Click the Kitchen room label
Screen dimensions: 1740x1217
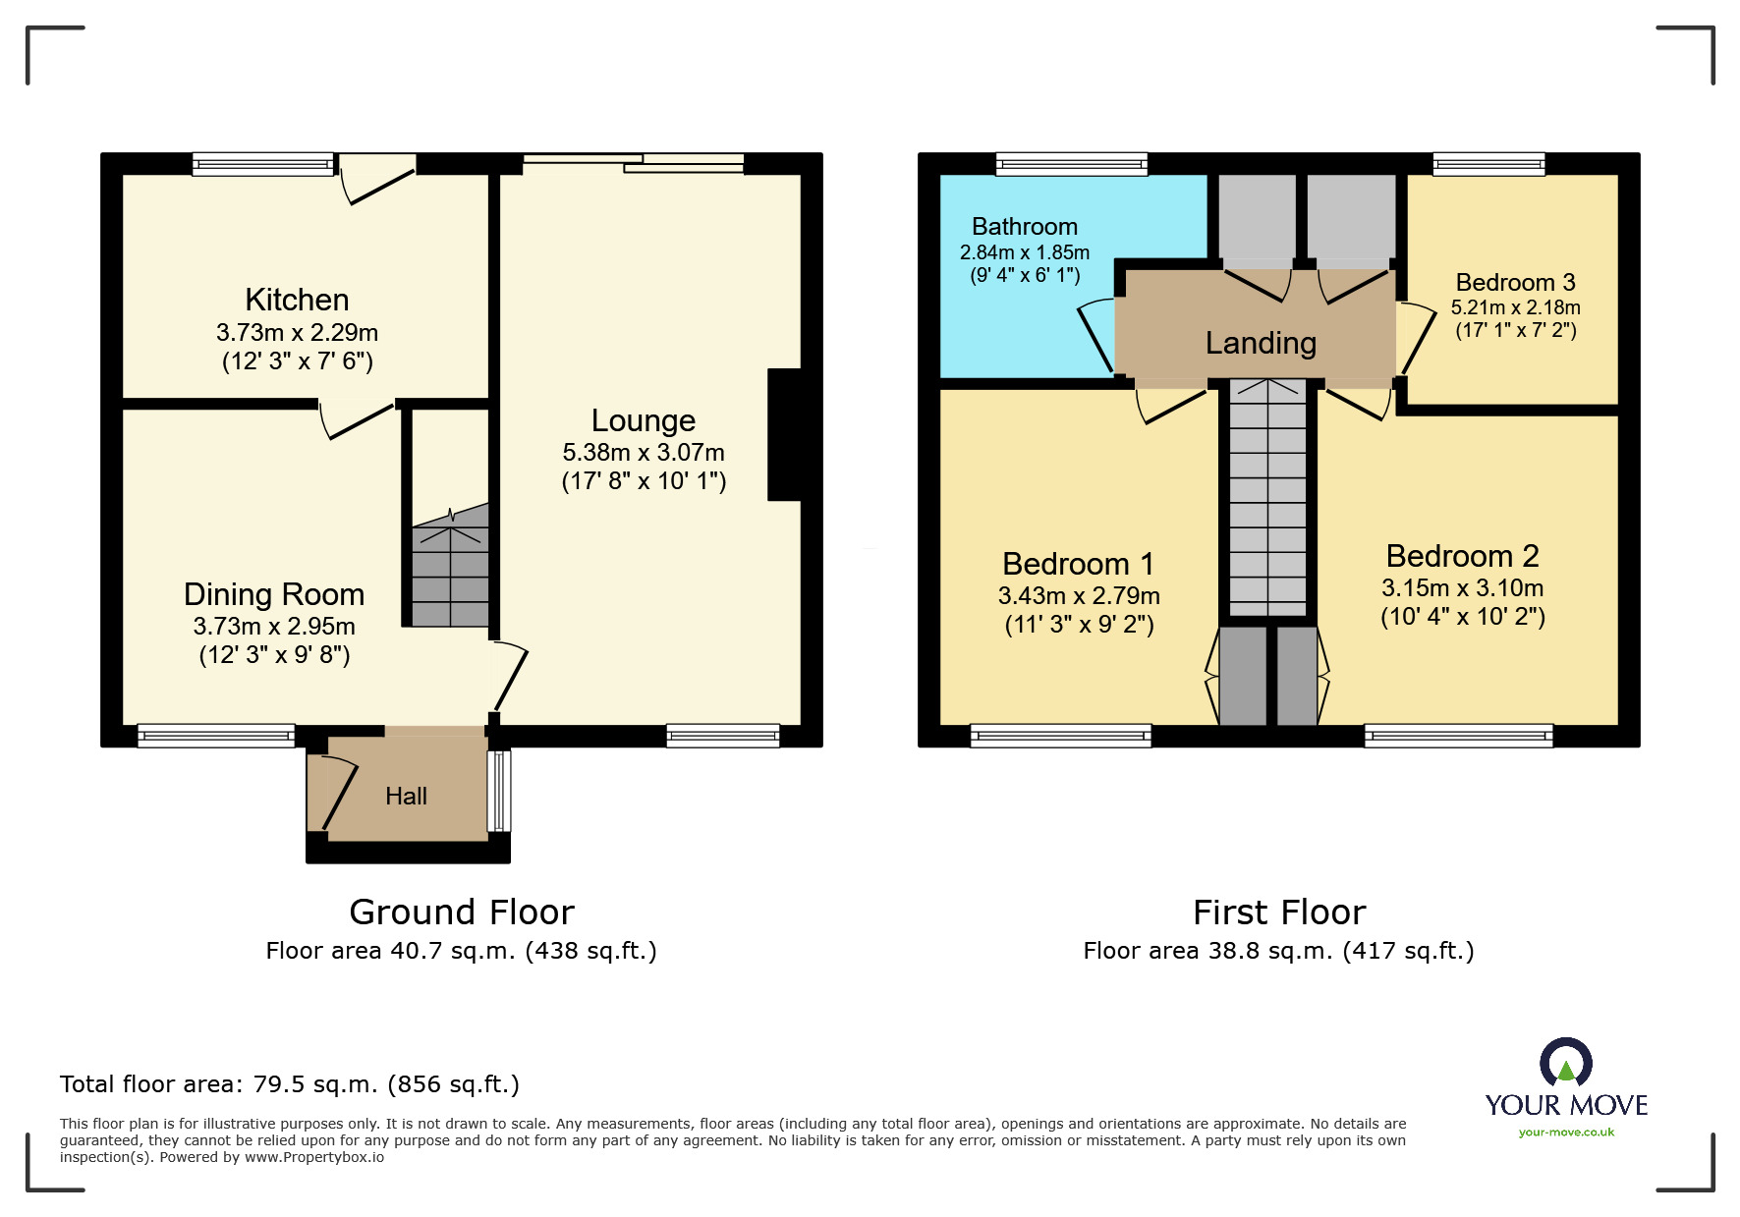[297, 300]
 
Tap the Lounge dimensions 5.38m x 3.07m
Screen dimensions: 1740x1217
[644, 453]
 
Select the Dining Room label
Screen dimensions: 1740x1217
[274, 594]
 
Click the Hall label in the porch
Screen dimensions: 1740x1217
[406, 796]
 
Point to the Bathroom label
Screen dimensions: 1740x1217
[1025, 227]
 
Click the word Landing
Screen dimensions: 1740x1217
[1261, 343]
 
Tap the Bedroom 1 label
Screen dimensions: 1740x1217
[1078, 564]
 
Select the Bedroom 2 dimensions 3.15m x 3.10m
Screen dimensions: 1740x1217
[1462, 588]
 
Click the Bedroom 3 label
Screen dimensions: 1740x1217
[1515, 283]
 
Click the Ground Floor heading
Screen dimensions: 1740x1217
[462, 913]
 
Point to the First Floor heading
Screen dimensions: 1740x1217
[1279, 913]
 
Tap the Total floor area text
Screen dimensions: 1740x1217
[290, 1084]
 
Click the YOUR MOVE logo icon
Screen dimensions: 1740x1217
[1566, 1063]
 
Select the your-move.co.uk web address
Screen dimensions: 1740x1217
[1566, 1133]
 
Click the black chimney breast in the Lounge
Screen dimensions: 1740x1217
[785, 435]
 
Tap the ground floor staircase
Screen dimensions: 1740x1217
[450, 566]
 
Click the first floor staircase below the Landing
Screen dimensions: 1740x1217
[1267, 498]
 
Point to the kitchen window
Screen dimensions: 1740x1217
[263, 164]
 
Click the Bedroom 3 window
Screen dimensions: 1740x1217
[1488, 164]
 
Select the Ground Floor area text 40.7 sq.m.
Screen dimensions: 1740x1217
[461, 951]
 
